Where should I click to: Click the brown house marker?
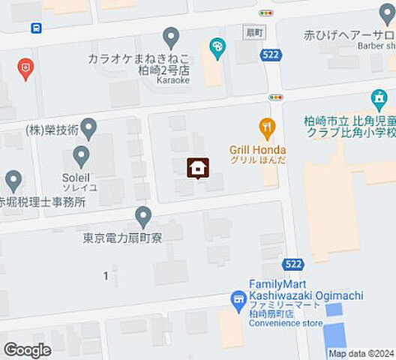point(197,168)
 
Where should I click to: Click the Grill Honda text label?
point(257,150)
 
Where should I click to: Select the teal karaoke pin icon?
point(217,49)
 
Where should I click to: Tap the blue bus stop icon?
point(36,28)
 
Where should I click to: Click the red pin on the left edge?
point(25,70)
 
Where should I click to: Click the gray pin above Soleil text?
point(81,156)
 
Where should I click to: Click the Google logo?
point(28,349)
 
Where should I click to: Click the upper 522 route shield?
point(271,55)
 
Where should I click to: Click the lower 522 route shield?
point(293,263)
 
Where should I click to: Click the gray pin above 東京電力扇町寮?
point(143,217)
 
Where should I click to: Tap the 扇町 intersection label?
point(256,33)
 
